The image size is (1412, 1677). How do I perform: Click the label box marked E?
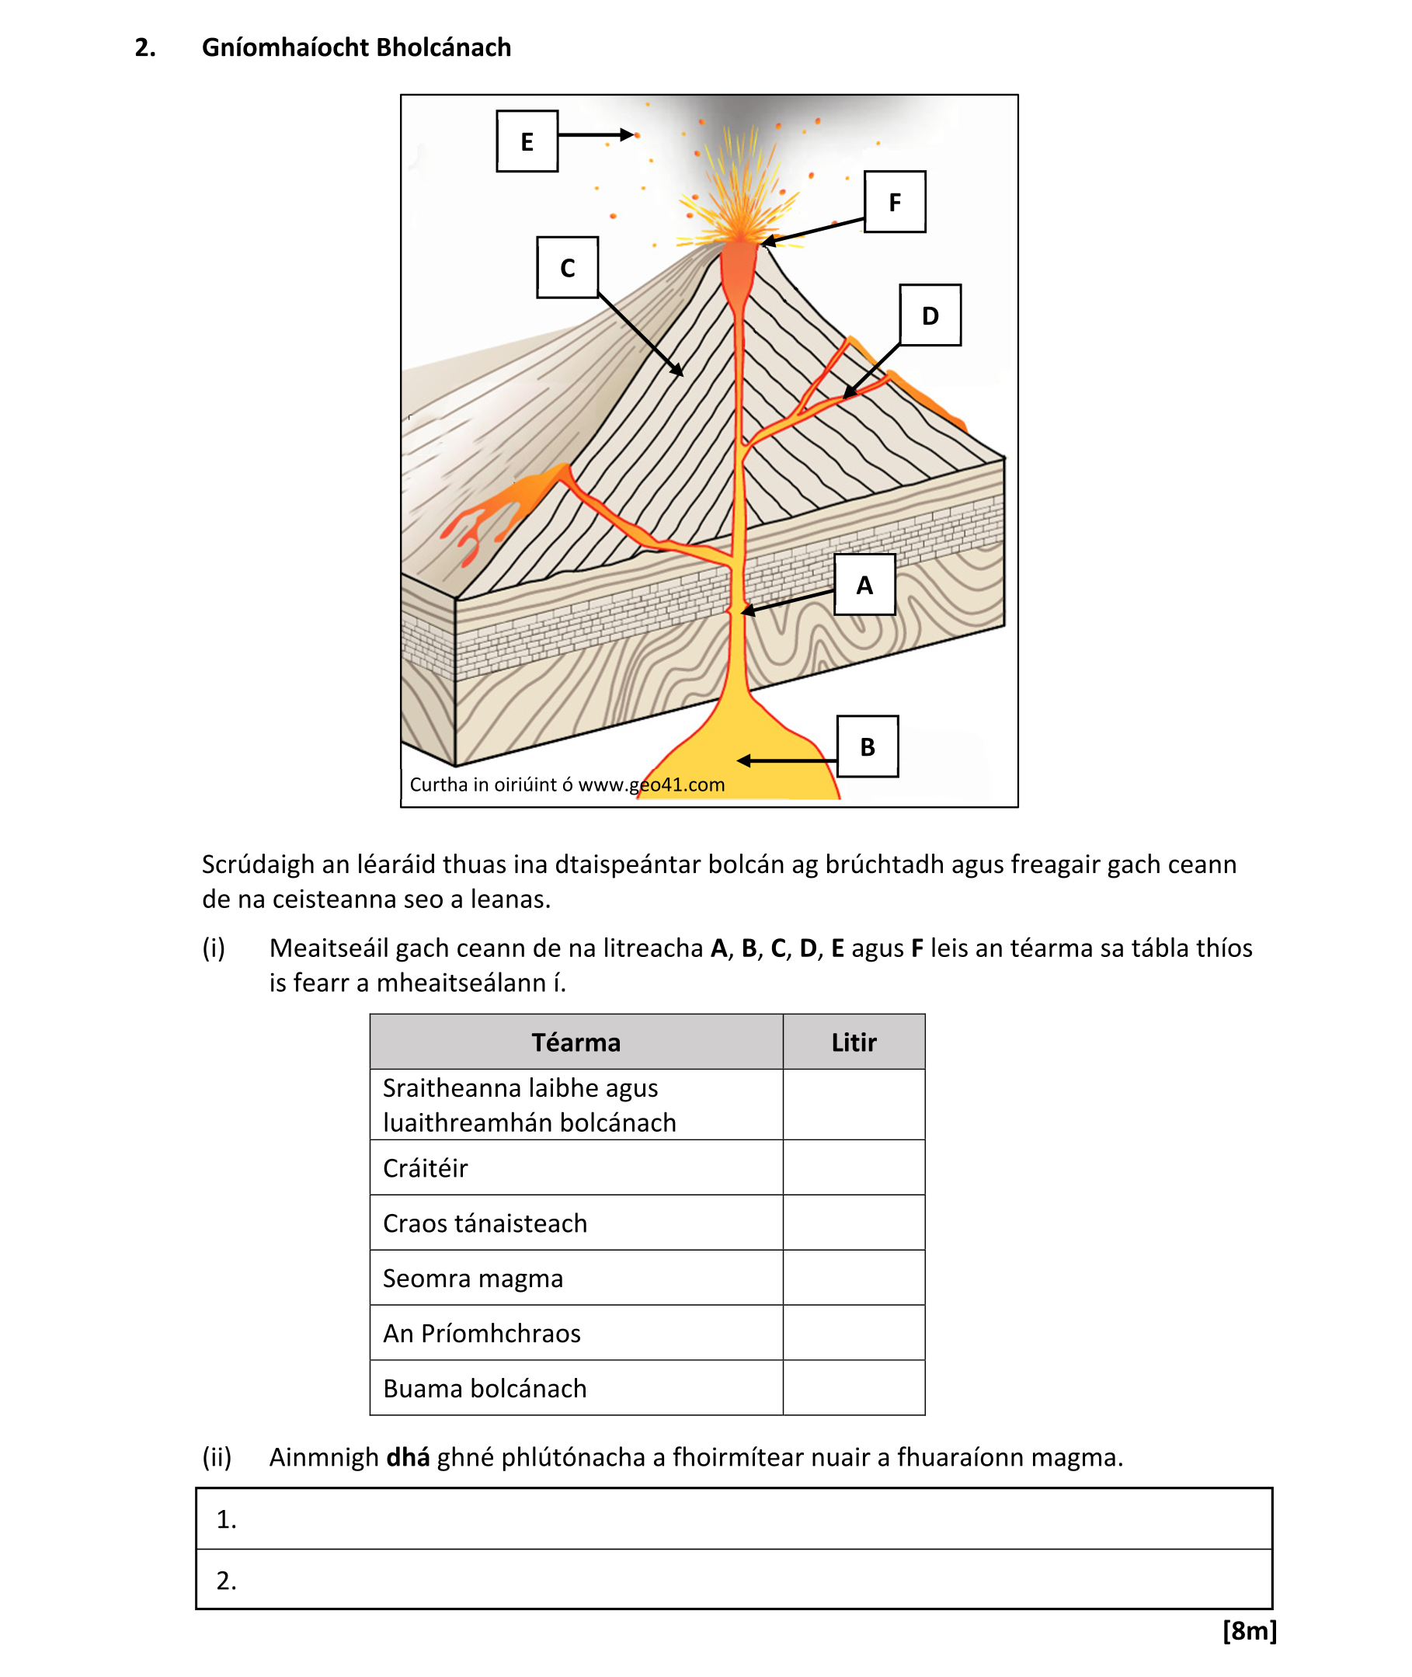[x=527, y=141]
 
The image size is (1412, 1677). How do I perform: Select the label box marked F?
[x=894, y=202]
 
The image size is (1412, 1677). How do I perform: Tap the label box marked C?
[x=567, y=267]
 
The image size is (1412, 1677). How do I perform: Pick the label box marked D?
[x=930, y=315]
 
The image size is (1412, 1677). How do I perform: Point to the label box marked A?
[x=864, y=584]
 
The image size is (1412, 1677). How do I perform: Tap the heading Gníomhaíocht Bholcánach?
[x=356, y=47]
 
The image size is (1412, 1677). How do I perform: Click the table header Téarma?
[x=576, y=1042]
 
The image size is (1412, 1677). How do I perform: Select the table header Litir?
[x=854, y=1042]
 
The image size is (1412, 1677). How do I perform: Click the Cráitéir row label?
[x=425, y=1168]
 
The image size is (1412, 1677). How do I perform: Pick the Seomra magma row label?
[x=472, y=1278]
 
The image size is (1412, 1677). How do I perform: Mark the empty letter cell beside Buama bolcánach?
[x=854, y=1387]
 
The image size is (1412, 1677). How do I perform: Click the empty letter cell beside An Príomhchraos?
[x=854, y=1333]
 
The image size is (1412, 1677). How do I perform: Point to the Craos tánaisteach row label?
[x=485, y=1223]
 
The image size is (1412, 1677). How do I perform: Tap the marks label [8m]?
[x=1249, y=1630]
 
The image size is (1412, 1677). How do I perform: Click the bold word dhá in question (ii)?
[x=408, y=1457]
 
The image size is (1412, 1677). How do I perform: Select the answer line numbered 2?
[x=733, y=1579]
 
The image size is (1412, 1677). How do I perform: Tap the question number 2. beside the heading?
[x=145, y=47]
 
